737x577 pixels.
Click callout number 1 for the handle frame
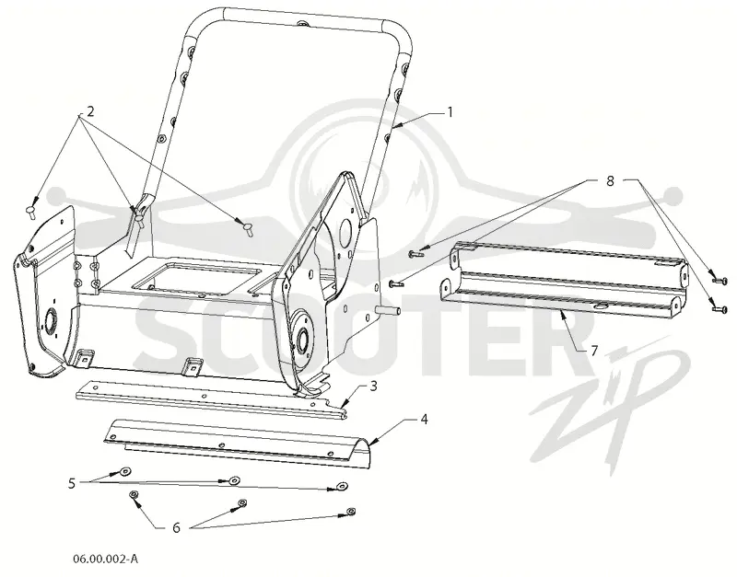(x=450, y=112)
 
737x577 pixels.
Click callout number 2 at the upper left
(x=90, y=111)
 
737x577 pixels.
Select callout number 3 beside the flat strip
(x=374, y=386)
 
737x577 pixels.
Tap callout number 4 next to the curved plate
(x=424, y=420)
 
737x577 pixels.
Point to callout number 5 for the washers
(x=72, y=483)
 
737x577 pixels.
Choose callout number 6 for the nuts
(x=176, y=527)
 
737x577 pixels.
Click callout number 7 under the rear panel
(x=594, y=351)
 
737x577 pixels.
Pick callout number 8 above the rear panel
(x=610, y=180)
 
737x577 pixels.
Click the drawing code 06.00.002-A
(x=105, y=559)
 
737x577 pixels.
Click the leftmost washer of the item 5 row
(x=125, y=471)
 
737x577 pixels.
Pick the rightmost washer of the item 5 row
(x=342, y=486)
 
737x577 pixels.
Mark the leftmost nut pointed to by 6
(x=134, y=494)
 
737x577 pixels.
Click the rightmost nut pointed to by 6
(x=351, y=511)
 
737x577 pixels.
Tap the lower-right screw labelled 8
(x=720, y=309)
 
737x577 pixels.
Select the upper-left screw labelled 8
(x=415, y=253)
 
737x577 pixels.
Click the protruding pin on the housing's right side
(x=389, y=310)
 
